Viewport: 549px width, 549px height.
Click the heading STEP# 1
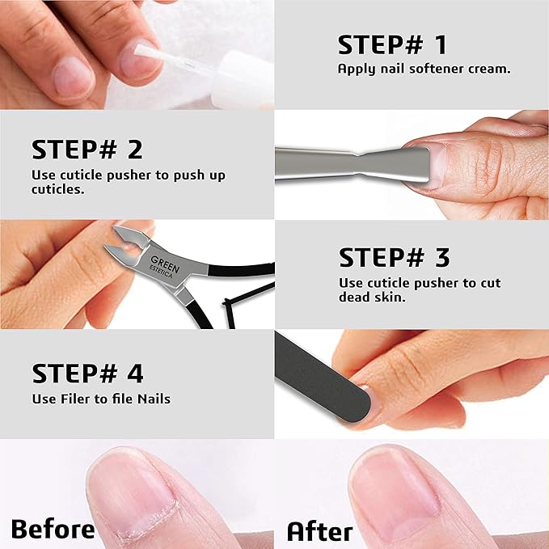(x=392, y=44)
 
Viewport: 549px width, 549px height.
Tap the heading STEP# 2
(x=87, y=150)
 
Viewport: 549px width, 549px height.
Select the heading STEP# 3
(x=395, y=258)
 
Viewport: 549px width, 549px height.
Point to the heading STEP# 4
(x=88, y=374)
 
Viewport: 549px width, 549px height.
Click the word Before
(x=53, y=530)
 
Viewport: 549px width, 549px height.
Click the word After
(x=320, y=531)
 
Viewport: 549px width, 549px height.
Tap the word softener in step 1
(x=429, y=69)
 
